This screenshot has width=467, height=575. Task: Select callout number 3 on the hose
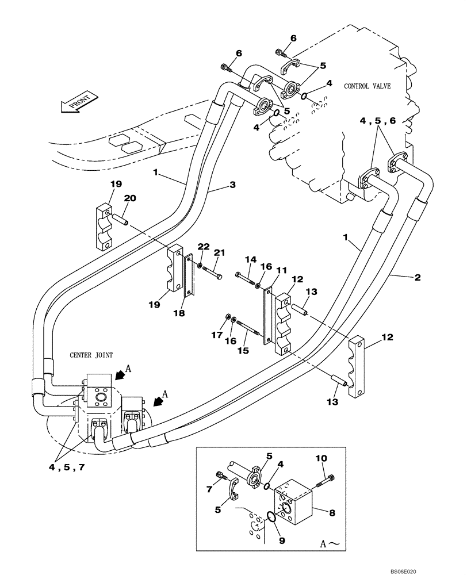[233, 185]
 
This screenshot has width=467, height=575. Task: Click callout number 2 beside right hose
[417, 278]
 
